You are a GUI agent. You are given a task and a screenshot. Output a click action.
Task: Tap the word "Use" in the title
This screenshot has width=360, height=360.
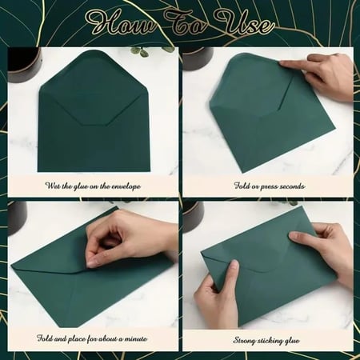[245, 23]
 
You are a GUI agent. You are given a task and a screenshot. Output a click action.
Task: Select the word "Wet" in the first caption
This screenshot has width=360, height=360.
[53, 186]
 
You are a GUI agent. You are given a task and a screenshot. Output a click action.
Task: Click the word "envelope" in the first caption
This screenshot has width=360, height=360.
[126, 186]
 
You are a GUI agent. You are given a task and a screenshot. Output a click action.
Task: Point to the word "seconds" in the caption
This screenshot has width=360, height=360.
[290, 186]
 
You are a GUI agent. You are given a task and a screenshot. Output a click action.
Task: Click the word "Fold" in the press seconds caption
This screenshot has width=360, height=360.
[242, 186]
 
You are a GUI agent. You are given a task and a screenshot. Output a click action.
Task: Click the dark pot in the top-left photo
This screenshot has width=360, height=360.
[25, 65]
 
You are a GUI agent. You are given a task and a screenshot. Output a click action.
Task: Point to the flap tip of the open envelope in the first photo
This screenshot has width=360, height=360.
[94, 125]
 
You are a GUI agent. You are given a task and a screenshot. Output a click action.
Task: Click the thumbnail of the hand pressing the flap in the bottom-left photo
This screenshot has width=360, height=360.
[91, 263]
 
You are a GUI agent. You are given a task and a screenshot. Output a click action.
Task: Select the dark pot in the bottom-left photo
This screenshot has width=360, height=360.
[18, 218]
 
